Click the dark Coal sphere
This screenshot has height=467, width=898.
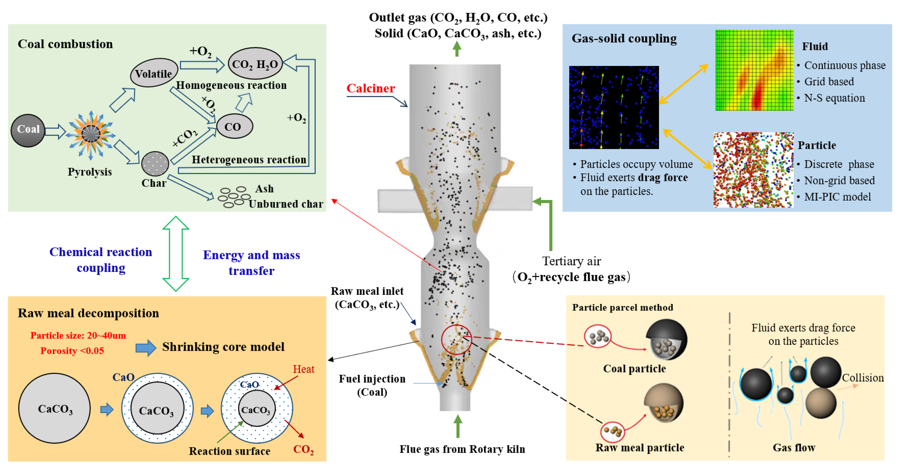[x=28, y=130]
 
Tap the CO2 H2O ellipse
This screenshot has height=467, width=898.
[x=255, y=64]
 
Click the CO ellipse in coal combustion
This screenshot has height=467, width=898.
[x=234, y=126]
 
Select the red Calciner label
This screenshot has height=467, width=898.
[x=370, y=89]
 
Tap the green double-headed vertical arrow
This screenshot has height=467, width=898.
[x=176, y=253]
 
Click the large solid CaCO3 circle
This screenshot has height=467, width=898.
[x=55, y=408]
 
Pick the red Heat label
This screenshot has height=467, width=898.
[x=303, y=369]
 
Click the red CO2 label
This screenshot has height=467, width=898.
[x=303, y=449]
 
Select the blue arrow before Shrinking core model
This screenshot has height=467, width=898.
[x=146, y=348]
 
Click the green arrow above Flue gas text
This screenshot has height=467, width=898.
[x=458, y=426]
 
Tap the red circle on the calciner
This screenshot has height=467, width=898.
[x=456, y=339]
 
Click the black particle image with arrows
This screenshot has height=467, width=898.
[x=614, y=107]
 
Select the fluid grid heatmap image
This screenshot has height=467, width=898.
[x=754, y=70]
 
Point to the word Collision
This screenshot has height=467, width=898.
[x=863, y=378]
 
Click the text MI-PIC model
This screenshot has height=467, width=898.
[x=837, y=197]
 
